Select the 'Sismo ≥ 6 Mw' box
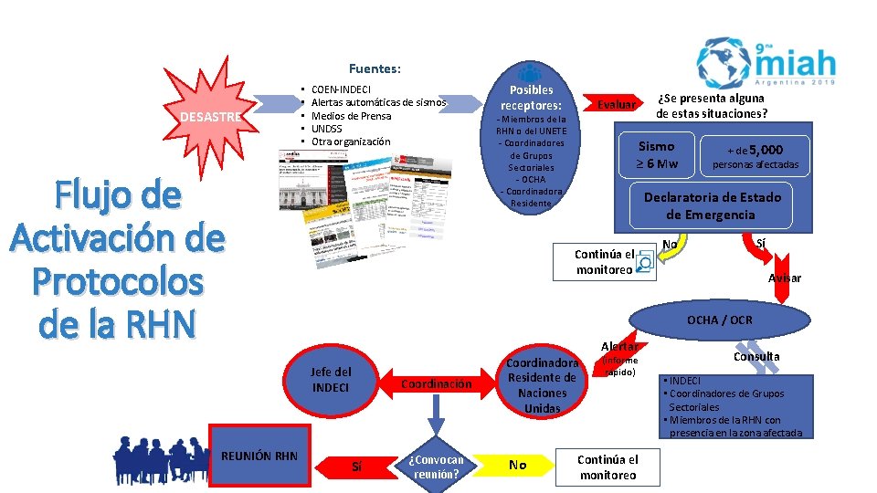click(657, 154)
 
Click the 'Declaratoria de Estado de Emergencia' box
click(712, 205)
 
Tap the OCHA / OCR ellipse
click(719, 320)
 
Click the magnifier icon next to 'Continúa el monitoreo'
click(644, 263)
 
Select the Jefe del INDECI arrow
click(330, 379)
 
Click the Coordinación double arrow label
click(436, 384)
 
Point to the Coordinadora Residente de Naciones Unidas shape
click(542, 384)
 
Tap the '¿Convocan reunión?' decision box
click(438, 466)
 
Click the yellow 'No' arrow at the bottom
click(518, 466)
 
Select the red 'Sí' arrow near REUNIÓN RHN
click(356, 467)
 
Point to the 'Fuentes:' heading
click(375, 68)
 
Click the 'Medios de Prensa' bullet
click(351, 116)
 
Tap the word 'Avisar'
click(785, 278)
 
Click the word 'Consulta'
click(756, 356)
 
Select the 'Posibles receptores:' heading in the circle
click(531, 99)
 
